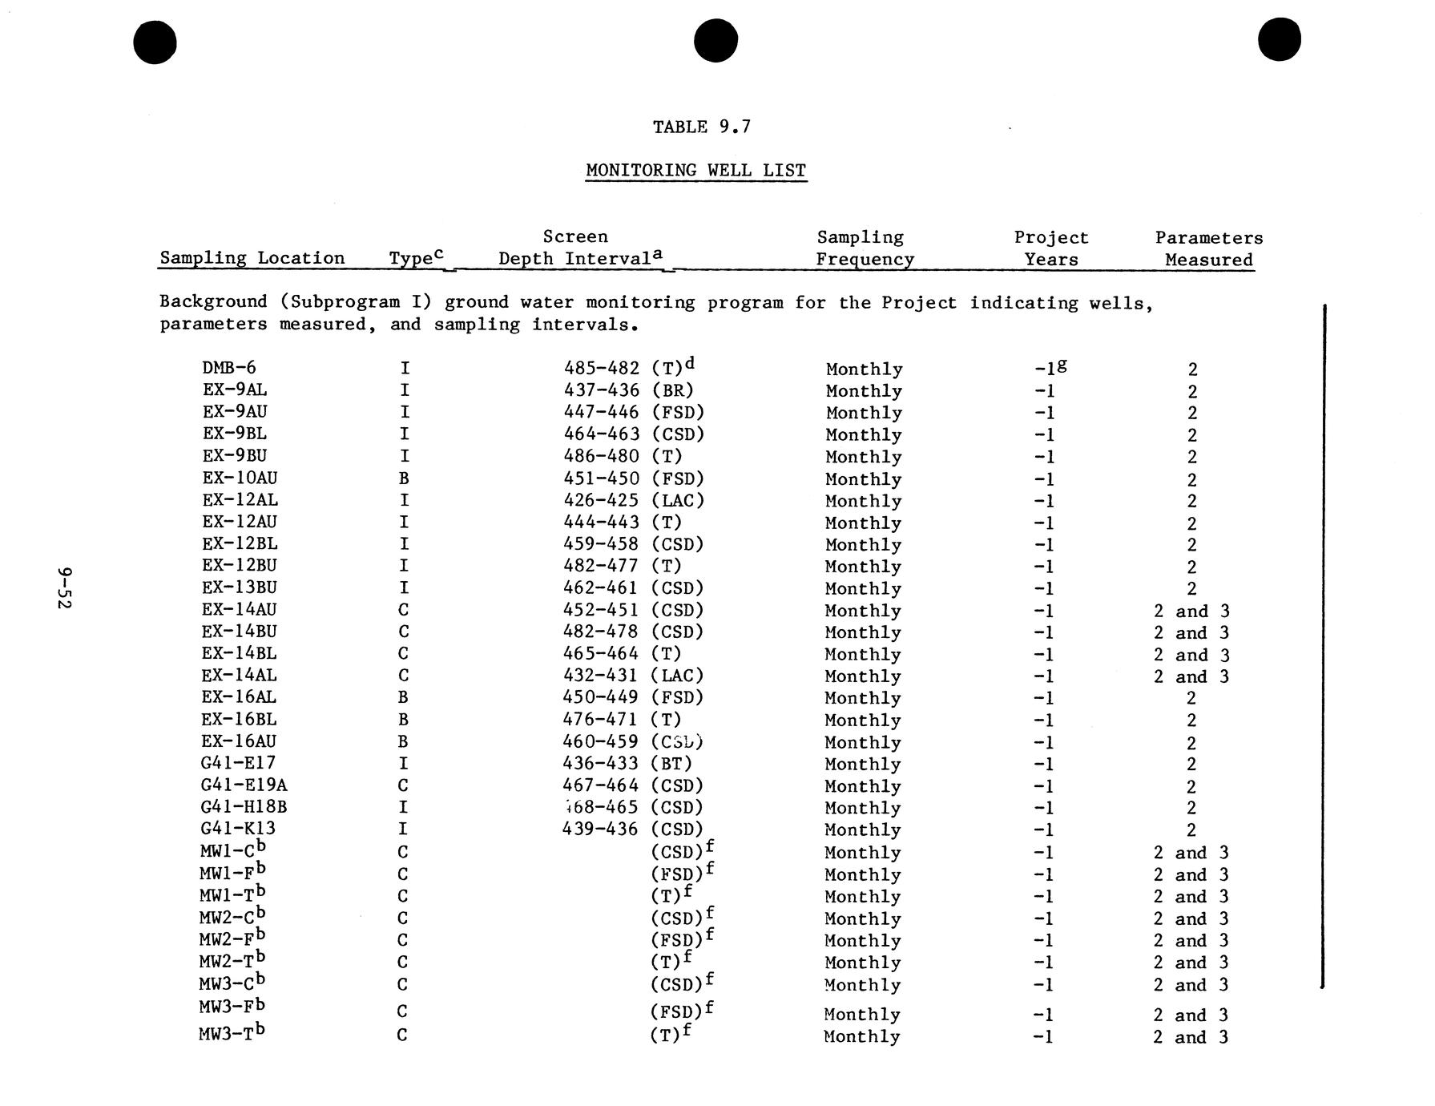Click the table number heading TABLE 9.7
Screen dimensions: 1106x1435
701,127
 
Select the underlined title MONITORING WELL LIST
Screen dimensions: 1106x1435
695,171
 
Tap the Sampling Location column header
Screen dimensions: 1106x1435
252,258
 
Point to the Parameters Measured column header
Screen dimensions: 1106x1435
1208,248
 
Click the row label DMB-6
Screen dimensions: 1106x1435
229,368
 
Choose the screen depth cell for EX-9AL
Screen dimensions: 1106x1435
628,390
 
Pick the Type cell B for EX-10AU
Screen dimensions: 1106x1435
404,478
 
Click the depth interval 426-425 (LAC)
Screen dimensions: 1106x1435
633,500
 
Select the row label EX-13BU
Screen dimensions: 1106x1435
240,587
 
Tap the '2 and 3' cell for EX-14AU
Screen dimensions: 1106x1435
1191,611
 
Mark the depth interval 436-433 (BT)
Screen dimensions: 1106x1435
627,764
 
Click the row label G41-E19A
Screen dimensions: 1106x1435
244,785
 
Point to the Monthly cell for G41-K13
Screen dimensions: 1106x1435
862,830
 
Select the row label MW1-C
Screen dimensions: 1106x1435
232,850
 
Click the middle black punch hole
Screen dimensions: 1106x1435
715,40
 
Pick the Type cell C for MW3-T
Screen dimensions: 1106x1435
402,1035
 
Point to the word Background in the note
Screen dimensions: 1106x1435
213,302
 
